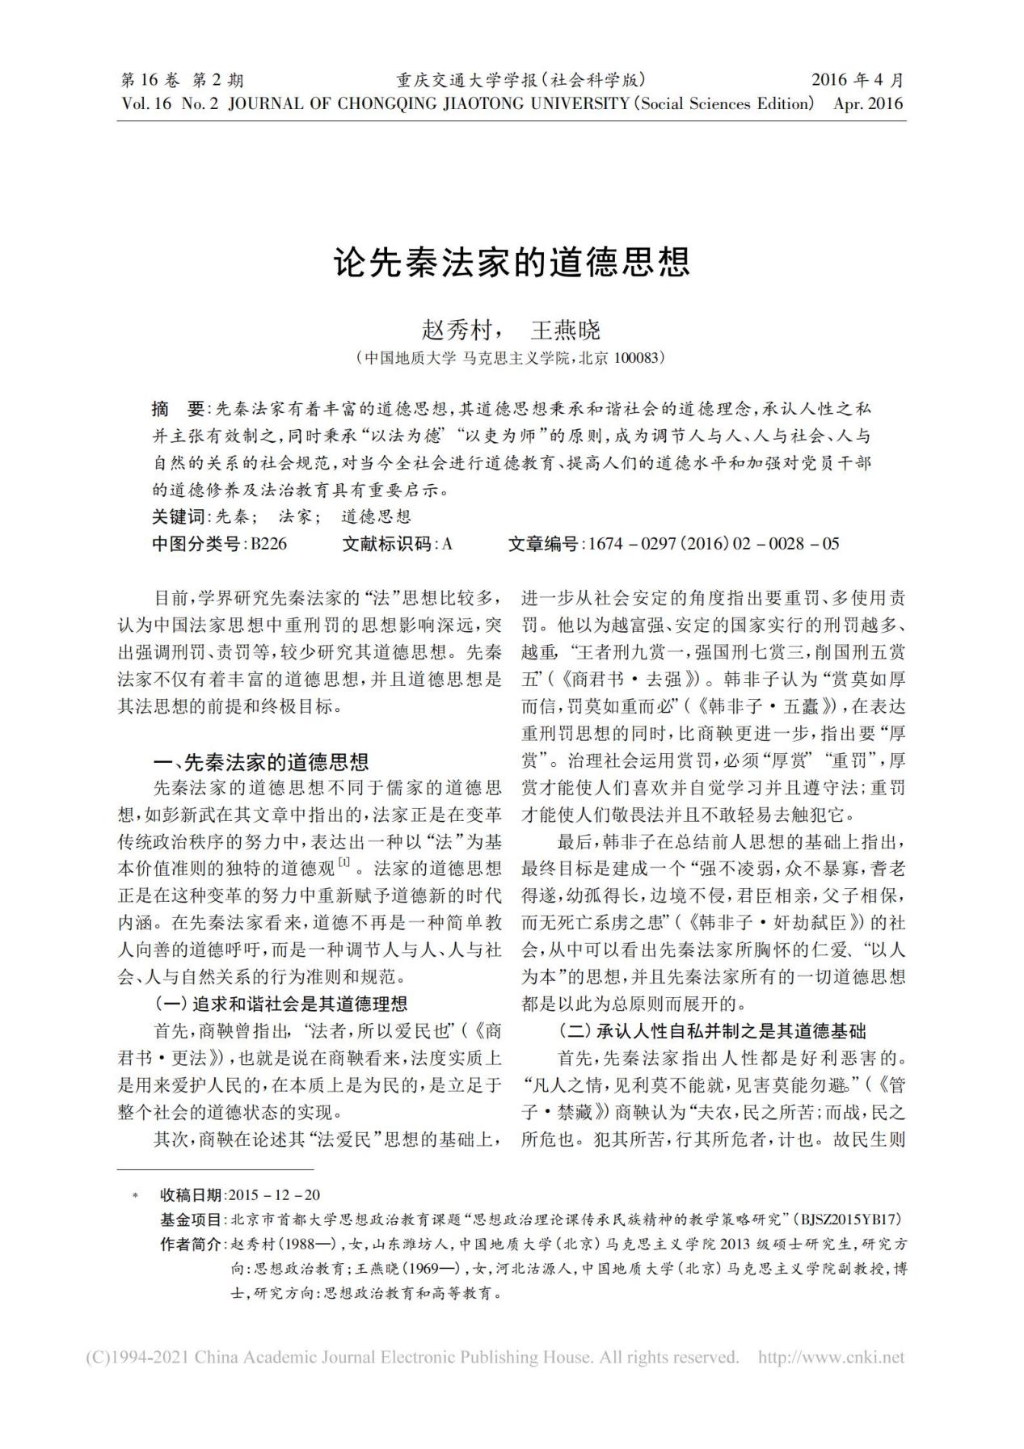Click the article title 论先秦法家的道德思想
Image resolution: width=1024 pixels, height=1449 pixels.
coord(512,262)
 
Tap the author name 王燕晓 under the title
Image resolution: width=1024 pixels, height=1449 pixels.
coord(566,330)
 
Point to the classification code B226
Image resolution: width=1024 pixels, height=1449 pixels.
coord(268,544)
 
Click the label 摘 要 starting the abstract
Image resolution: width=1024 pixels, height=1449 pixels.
coord(179,407)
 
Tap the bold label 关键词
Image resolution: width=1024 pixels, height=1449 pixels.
coord(179,516)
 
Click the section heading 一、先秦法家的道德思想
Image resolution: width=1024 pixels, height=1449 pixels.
coord(261,762)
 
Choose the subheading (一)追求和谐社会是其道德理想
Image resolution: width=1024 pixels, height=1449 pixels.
coord(280,1004)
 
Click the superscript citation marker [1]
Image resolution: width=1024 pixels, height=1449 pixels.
coord(344,863)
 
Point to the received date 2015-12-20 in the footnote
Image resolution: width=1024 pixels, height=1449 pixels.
coord(275,1195)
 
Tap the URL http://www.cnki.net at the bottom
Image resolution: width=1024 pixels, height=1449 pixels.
coord(831,1357)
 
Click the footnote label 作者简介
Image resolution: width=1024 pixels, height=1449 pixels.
coord(191,1244)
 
